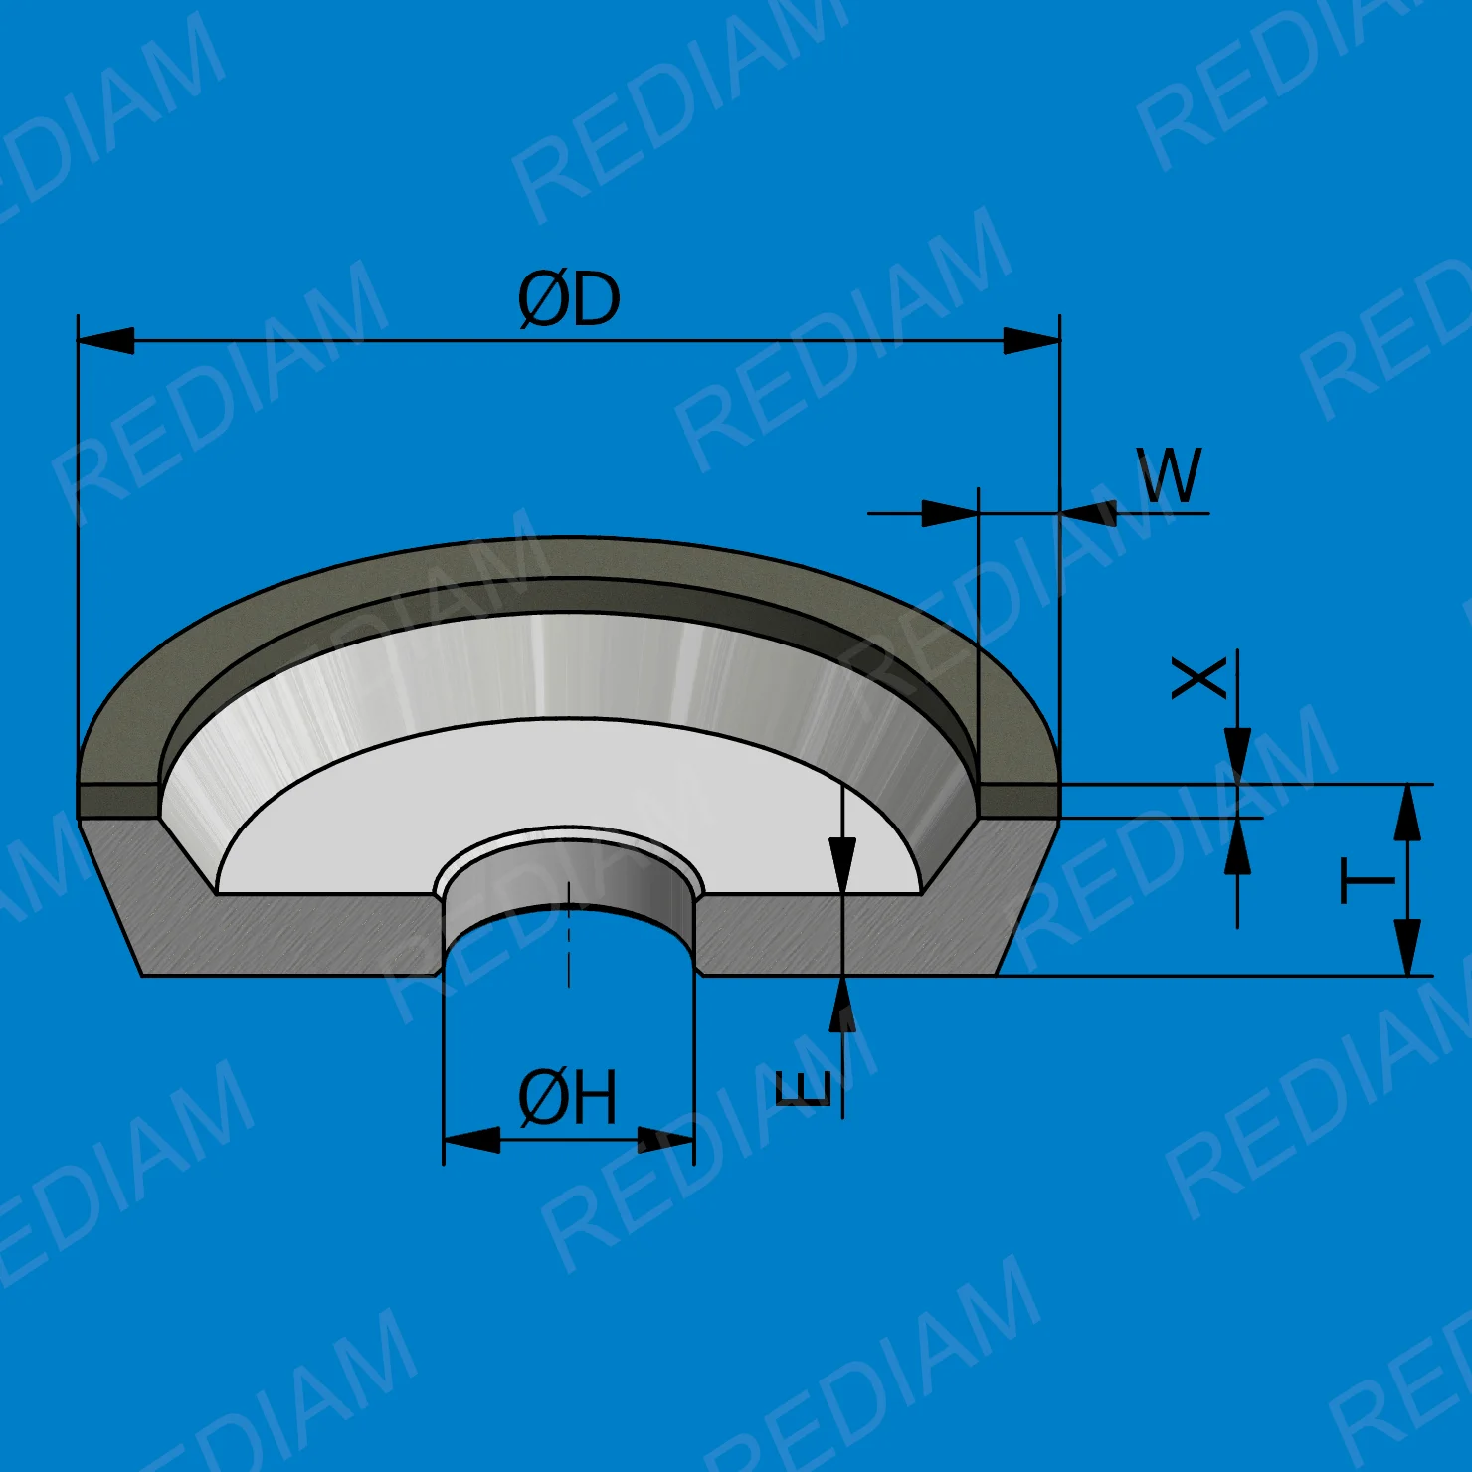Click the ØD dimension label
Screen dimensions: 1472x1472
point(569,299)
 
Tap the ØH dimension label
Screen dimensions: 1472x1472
point(568,1097)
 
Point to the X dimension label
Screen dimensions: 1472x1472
point(1199,678)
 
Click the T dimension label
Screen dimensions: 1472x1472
point(1369,881)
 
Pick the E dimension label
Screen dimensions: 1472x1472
point(803,1089)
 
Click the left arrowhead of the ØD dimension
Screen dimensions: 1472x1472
point(105,341)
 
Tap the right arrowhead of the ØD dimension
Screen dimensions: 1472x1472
point(1032,341)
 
